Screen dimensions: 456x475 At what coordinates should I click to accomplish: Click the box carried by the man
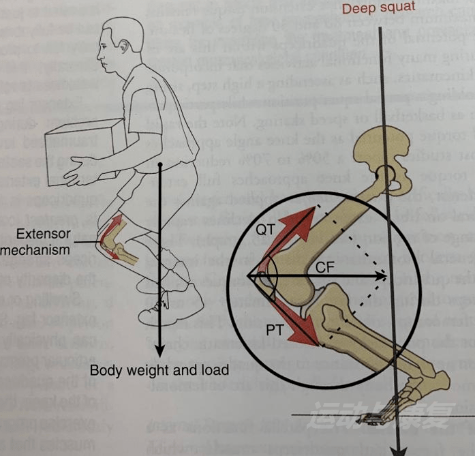85,147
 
